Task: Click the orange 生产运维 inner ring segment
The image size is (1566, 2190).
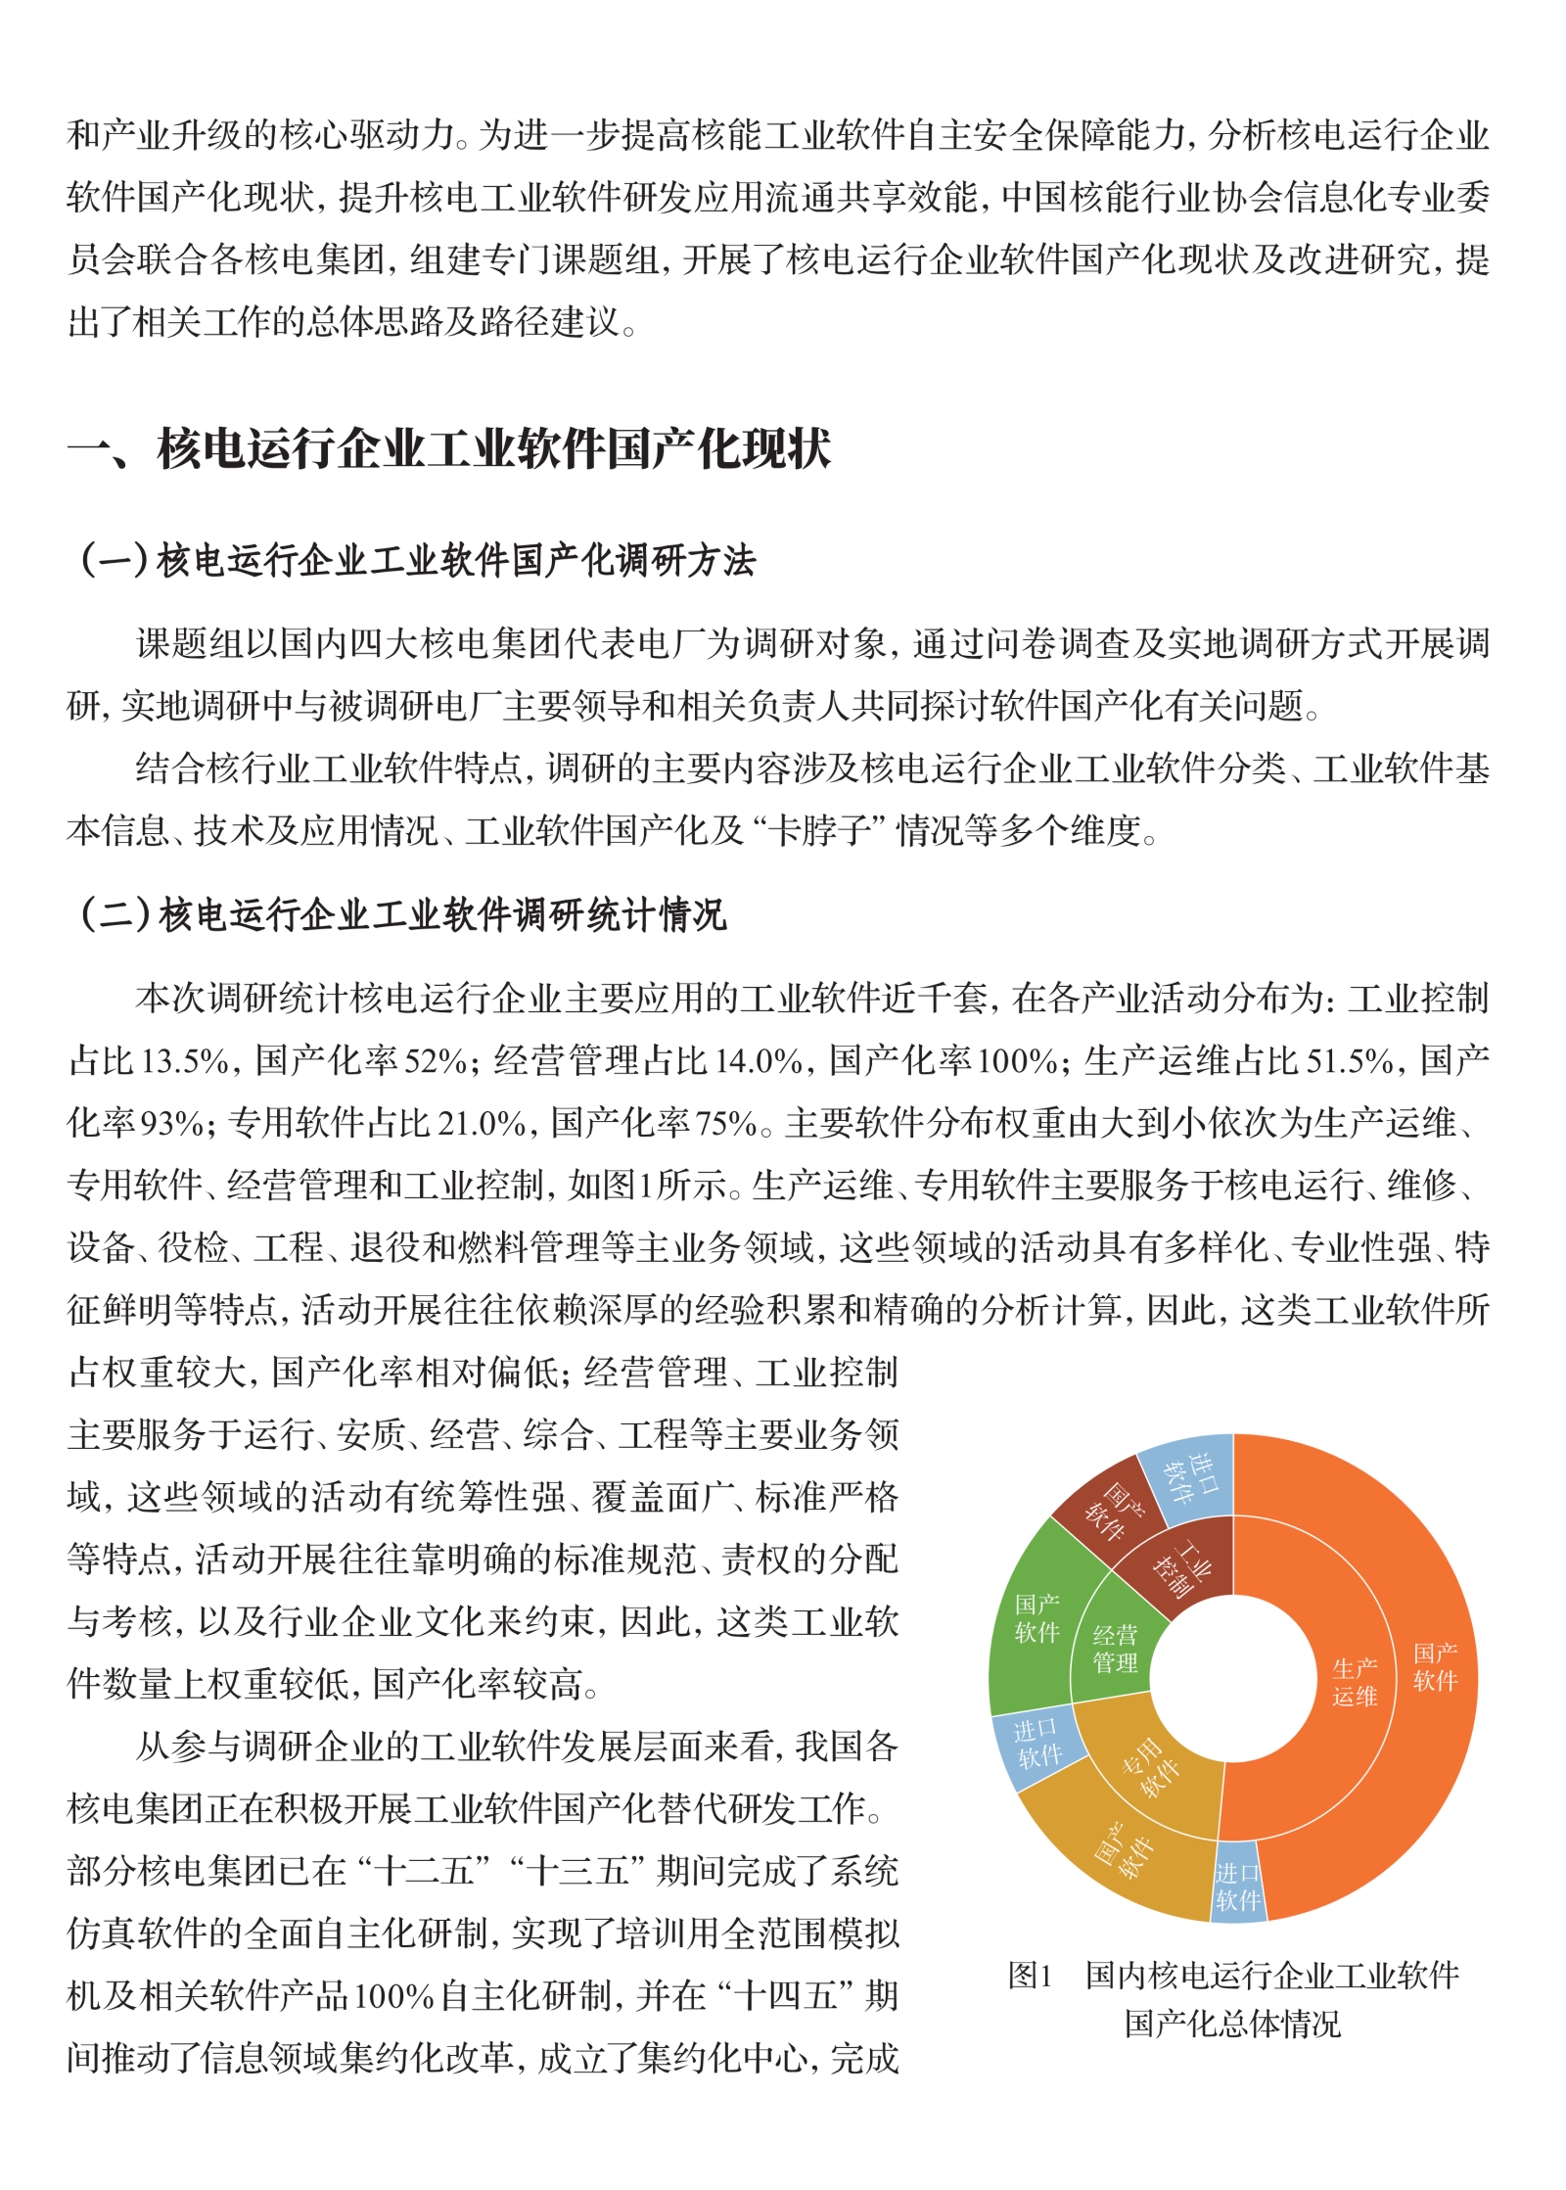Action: pyautogui.click(x=1355, y=1682)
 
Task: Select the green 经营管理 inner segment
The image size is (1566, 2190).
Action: pyautogui.click(x=1115, y=1649)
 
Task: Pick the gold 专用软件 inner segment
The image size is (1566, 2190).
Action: pyautogui.click(x=1151, y=1770)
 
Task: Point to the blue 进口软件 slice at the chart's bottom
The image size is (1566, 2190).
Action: pyautogui.click(x=1237, y=1886)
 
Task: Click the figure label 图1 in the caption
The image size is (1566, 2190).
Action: pyautogui.click(x=1030, y=1976)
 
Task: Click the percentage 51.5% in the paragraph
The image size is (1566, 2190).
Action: pyautogui.click(x=1351, y=1061)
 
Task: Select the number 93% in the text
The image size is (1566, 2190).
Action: pyautogui.click(x=172, y=1124)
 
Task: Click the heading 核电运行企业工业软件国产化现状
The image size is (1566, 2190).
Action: pyautogui.click(x=494, y=450)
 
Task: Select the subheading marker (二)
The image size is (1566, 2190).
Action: pyautogui.click(x=115, y=915)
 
